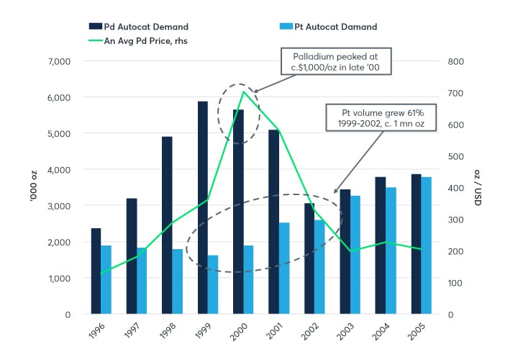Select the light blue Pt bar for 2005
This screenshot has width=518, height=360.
pyautogui.click(x=427, y=246)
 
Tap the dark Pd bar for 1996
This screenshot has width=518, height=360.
pyautogui.click(x=96, y=271)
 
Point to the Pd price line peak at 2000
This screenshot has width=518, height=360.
pyautogui.click(x=244, y=91)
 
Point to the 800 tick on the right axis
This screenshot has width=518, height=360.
pyautogui.click(x=456, y=61)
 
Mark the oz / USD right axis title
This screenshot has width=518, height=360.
pyautogui.click(x=478, y=189)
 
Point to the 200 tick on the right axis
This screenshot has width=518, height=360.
pyautogui.click(x=456, y=251)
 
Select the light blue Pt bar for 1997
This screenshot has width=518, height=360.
pyautogui.click(x=142, y=281)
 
